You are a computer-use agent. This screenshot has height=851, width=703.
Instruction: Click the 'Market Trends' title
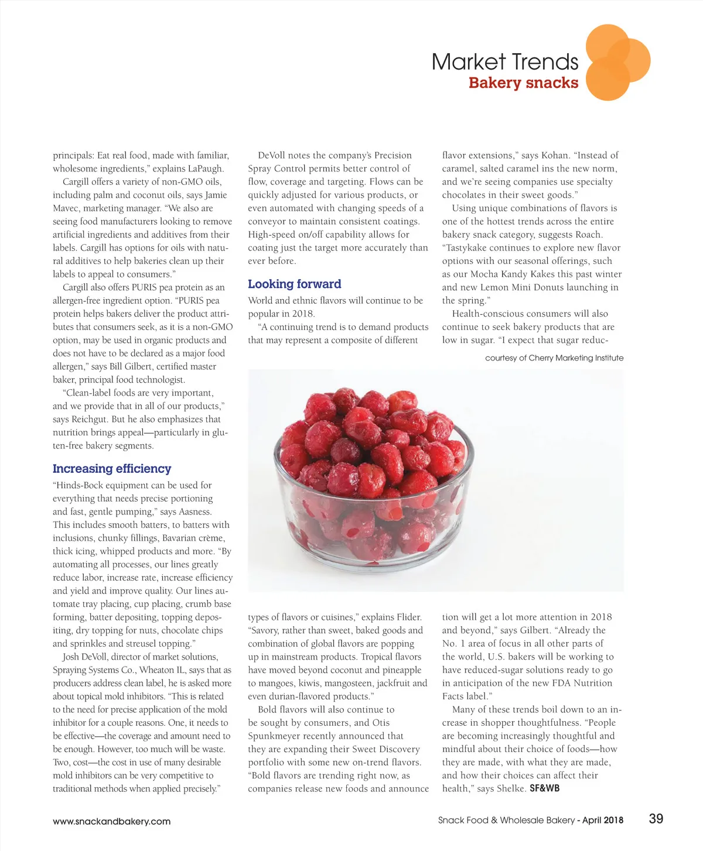coord(504,62)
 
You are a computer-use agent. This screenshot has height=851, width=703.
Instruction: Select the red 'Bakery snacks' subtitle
coord(523,83)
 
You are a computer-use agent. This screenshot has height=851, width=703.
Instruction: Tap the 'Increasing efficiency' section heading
coord(112,469)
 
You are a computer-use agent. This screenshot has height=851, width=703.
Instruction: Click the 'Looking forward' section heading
coord(294,284)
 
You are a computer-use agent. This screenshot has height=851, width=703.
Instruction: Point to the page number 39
coord(656,819)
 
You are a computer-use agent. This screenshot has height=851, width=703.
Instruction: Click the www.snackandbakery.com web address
coord(111,822)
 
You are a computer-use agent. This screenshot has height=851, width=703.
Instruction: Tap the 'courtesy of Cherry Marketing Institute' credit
coord(554,358)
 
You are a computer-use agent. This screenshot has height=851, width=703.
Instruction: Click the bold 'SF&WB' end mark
coord(544,788)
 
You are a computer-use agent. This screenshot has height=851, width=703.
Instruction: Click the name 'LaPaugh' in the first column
coord(205,169)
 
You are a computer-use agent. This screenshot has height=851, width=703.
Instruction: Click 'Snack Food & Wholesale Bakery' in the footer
coord(506,821)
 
